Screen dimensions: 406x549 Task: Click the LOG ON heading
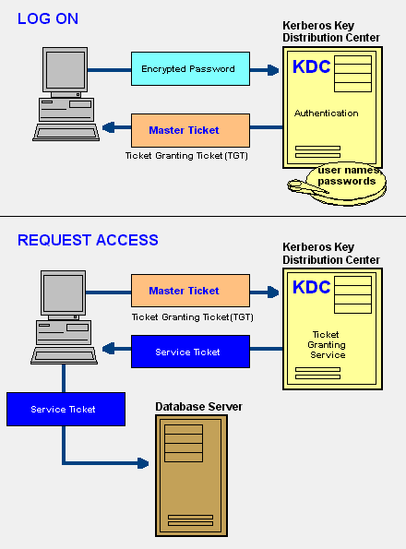click(48, 18)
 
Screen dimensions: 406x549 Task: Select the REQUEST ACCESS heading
click(88, 240)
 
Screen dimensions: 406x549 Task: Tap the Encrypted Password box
click(190, 68)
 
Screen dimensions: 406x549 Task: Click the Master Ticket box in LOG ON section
click(190, 130)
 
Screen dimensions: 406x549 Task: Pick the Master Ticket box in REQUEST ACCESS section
click(190, 291)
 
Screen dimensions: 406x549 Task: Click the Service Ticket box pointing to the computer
click(190, 352)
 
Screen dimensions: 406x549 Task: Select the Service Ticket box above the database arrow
click(66, 409)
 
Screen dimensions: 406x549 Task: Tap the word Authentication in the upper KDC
click(327, 113)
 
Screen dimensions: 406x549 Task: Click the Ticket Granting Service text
click(327, 345)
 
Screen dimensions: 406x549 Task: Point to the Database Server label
click(198, 407)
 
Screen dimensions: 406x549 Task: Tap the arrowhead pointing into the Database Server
click(143, 463)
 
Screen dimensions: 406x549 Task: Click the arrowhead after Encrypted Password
click(273, 70)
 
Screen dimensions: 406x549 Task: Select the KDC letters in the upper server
click(311, 66)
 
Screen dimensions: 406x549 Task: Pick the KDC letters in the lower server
click(311, 287)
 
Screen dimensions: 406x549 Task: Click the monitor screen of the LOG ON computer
click(66, 70)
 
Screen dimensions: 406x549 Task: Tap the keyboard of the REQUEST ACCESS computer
click(64, 356)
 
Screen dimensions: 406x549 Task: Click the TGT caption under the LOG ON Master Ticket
click(186, 155)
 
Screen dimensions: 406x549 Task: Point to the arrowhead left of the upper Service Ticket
click(109, 349)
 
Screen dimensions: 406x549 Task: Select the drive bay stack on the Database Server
click(184, 443)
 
